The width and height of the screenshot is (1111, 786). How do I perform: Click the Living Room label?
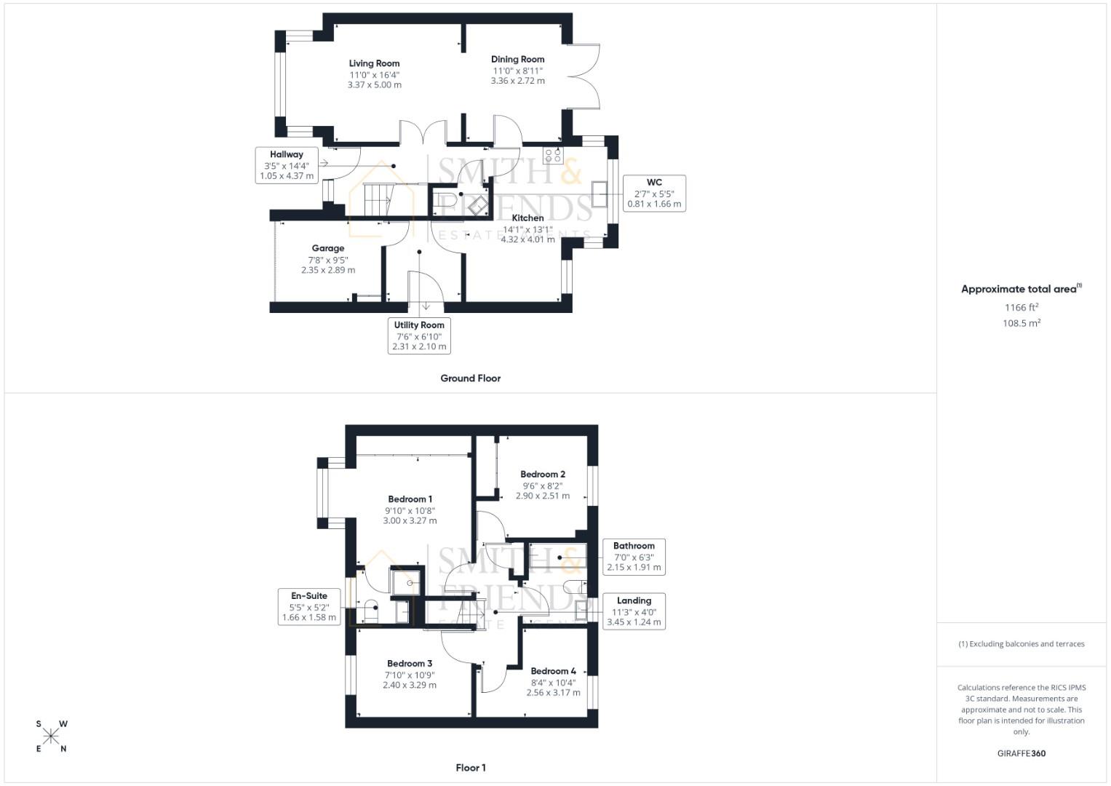point(374,63)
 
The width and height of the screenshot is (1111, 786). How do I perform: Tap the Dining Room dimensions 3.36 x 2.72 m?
point(517,81)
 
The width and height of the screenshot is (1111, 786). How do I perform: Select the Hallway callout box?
point(287,165)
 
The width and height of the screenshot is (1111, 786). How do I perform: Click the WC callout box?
point(654,194)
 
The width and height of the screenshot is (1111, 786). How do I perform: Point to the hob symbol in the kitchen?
point(553,155)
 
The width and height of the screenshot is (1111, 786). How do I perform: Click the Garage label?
point(328,248)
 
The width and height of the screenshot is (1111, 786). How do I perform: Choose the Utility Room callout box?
point(419,336)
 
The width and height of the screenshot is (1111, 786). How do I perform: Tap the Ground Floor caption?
point(470,378)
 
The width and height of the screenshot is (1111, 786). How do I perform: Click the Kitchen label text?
point(527,218)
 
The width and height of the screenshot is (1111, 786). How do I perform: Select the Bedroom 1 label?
point(410,499)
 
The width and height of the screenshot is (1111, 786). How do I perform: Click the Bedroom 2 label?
point(543,475)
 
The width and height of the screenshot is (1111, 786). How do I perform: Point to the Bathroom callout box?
point(634,557)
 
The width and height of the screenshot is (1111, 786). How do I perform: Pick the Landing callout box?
point(634,611)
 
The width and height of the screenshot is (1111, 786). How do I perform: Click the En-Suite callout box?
point(309,606)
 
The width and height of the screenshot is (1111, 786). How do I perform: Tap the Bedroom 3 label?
point(410,664)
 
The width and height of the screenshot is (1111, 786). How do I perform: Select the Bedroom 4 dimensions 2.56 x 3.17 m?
point(553,693)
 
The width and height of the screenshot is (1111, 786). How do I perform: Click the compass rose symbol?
point(51,736)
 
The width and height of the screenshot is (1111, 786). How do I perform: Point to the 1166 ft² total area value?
point(1022,308)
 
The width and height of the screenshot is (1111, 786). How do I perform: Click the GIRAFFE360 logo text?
point(1021,753)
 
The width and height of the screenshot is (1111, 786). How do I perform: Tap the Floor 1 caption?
point(470,768)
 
